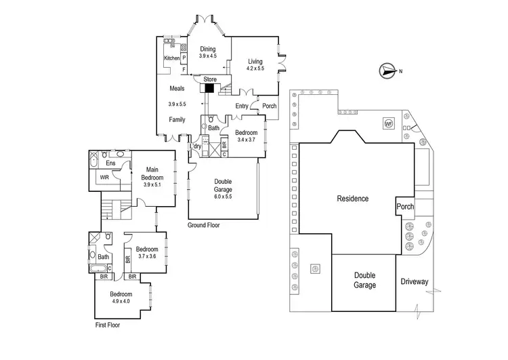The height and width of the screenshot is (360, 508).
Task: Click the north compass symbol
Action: pyautogui.click(x=387, y=70)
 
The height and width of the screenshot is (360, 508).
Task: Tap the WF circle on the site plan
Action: pyautogui.click(x=388, y=124)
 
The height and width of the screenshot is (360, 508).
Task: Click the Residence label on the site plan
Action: pyautogui.click(x=353, y=199)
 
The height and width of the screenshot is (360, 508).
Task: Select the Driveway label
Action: pyautogui.click(x=413, y=281)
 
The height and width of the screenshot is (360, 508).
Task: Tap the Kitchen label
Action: pyautogui.click(x=172, y=58)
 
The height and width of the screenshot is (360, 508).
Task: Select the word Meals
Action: pyautogui.click(x=177, y=87)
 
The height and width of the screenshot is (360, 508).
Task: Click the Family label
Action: pyautogui.click(x=177, y=120)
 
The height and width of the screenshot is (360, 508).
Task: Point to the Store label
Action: pyautogui.click(x=209, y=79)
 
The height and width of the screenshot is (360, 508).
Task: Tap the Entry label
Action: pyautogui.click(x=242, y=106)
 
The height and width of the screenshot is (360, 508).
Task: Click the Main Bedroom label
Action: pyautogui.click(x=152, y=174)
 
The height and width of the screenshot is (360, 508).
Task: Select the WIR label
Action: pyautogui.click(x=104, y=178)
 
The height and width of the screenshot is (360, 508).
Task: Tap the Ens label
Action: pyautogui.click(x=110, y=163)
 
